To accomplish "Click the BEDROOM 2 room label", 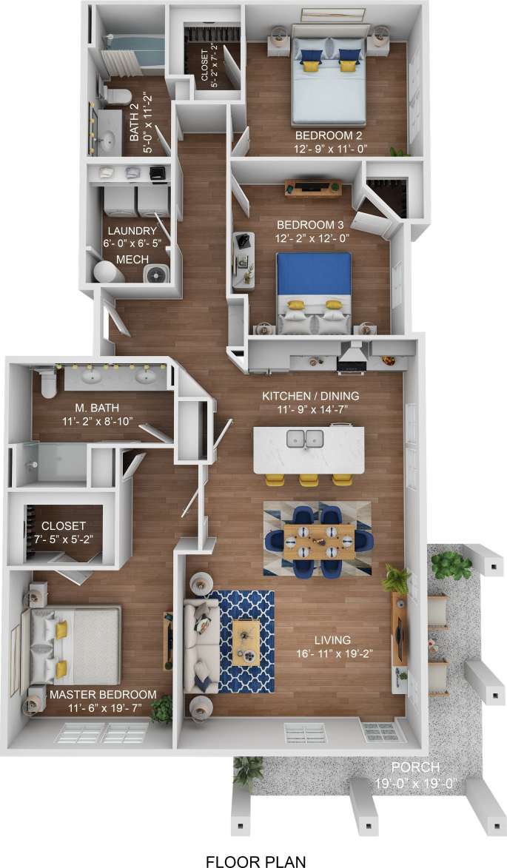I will pyautogui.click(x=329, y=136).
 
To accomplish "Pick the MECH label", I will pyautogui.click(x=132, y=259).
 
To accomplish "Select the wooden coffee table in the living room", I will pyautogui.click(x=246, y=642).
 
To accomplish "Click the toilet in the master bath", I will pyautogui.click(x=48, y=382).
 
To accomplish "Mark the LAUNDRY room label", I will pyautogui.click(x=131, y=231).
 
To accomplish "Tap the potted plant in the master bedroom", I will pyautogui.click(x=161, y=709).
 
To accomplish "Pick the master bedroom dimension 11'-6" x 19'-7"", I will pyautogui.click(x=103, y=707).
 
